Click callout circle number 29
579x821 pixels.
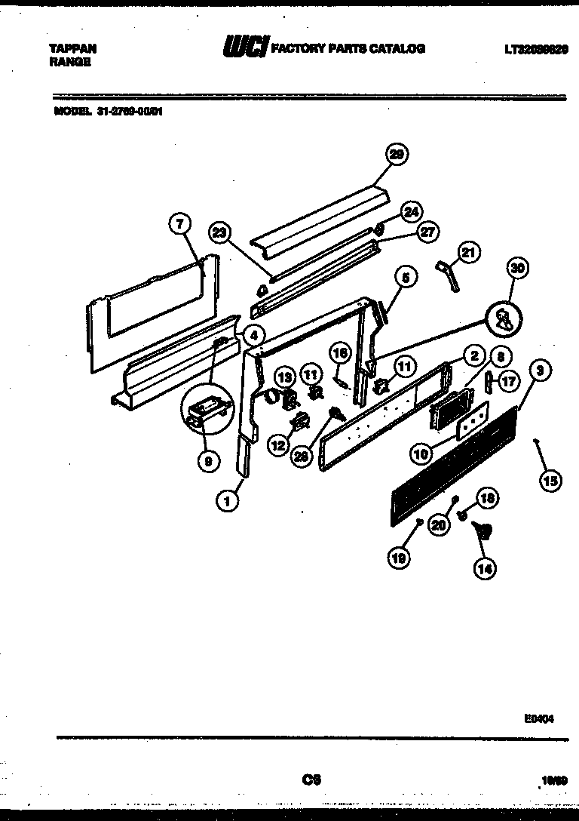pyautogui.click(x=396, y=155)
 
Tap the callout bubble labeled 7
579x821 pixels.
pyautogui.click(x=179, y=223)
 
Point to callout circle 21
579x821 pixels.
pyautogui.click(x=469, y=254)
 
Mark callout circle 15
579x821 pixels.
pyautogui.click(x=551, y=480)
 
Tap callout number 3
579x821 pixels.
pyautogui.click(x=540, y=371)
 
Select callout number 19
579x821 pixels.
pyautogui.click(x=400, y=558)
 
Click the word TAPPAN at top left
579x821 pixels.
pyautogui.click(x=72, y=49)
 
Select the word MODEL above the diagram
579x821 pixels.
pyautogui.click(x=70, y=110)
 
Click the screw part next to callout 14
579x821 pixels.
pyautogui.click(x=484, y=531)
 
